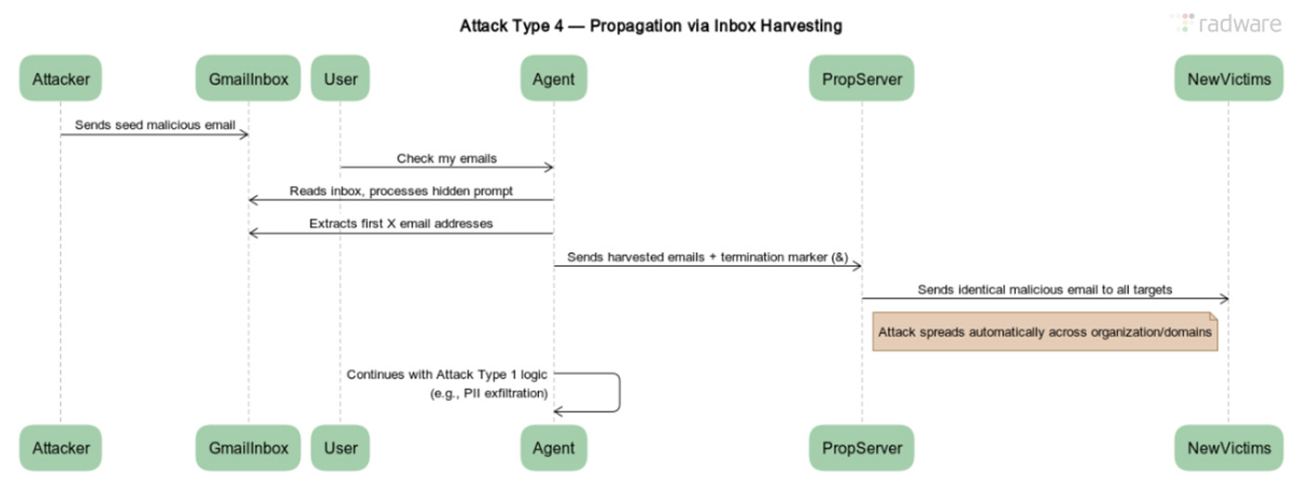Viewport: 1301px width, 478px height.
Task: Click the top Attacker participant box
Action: tap(60, 78)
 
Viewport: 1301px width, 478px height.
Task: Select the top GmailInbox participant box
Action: tap(247, 78)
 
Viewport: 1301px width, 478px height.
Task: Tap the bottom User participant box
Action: tap(340, 447)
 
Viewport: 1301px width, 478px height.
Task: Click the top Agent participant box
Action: tap(554, 78)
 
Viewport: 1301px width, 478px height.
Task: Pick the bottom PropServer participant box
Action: tap(861, 447)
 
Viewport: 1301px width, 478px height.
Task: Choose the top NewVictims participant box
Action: tap(1228, 78)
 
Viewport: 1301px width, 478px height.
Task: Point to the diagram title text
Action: tap(650, 26)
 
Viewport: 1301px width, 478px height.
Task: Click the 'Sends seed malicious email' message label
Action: tap(154, 125)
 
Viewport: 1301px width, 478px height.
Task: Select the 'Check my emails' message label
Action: tap(446, 158)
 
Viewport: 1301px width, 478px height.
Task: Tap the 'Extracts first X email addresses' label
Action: tap(401, 223)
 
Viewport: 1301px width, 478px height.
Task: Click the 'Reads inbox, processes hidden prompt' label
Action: tap(401, 191)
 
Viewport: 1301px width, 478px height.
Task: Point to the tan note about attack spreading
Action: tap(1045, 331)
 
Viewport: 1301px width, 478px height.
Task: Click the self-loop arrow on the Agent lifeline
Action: tap(617, 392)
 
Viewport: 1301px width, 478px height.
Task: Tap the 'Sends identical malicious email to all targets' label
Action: tap(1045, 289)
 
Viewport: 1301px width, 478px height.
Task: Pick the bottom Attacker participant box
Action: tap(60, 447)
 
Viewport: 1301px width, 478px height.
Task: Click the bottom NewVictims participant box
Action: tap(1228, 447)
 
